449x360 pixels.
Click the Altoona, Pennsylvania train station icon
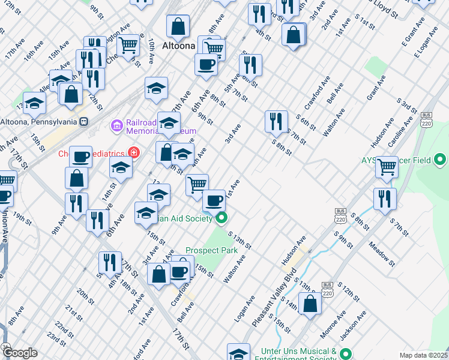coord(84,121)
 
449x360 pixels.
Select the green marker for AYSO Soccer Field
coord(440,160)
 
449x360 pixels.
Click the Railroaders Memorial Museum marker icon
coord(115,125)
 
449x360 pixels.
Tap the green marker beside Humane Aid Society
coord(221,218)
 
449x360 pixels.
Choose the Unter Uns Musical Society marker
coord(344,353)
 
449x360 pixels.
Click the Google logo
coord(20,353)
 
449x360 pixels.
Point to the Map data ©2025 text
coord(423,355)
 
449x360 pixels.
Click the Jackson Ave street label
coord(354,325)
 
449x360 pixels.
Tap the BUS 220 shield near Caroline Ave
coord(427,118)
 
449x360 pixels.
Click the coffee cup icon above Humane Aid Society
coord(214,199)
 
